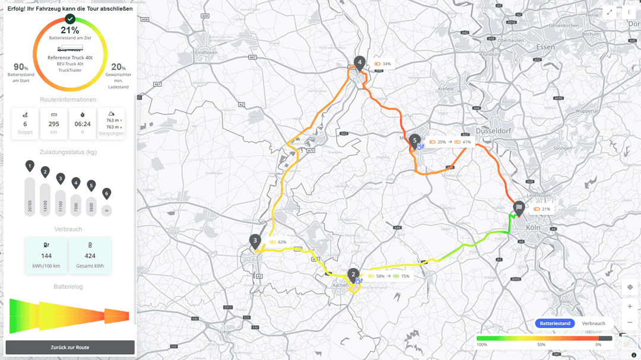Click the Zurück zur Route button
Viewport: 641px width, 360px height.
click(x=70, y=347)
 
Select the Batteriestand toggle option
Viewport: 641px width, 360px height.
click(x=555, y=323)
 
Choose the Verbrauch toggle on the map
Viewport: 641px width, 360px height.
click(x=594, y=323)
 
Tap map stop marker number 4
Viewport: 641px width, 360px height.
click(x=359, y=62)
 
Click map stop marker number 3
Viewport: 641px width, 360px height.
click(x=255, y=240)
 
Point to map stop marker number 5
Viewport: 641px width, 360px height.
click(x=415, y=139)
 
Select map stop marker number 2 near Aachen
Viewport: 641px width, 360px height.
click(x=354, y=274)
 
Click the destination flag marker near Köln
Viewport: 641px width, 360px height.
click(x=519, y=208)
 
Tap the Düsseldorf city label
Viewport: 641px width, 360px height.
click(x=494, y=130)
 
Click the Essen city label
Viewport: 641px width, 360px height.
click(x=545, y=47)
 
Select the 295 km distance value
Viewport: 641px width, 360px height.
click(x=54, y=124)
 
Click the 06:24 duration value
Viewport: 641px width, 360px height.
click(x=82, y=124)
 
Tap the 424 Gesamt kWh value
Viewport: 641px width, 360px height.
click(x=90, y=256)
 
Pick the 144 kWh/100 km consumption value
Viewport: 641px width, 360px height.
click(x=46, y=256)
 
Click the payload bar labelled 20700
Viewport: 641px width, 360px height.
click(x=30, y=196)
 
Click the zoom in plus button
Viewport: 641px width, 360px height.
click(x=630, y=307)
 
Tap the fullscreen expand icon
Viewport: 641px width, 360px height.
click(x=610, y=12)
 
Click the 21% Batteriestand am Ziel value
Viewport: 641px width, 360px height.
click(x=70, y=30)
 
